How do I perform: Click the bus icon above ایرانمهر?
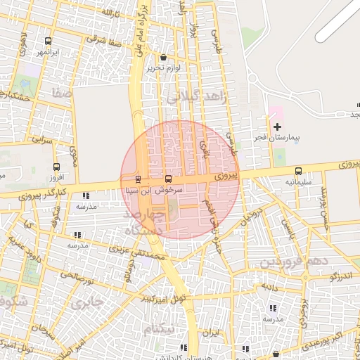[47, 41]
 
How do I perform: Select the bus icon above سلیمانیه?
[299, 171]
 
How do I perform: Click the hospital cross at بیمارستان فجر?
[277, 127]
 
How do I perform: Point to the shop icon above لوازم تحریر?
[164, 58]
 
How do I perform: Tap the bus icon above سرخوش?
[168, 179]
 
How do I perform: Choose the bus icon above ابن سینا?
[137, 179]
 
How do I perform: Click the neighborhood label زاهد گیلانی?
[198, 97]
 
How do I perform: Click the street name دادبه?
[269, 287]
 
